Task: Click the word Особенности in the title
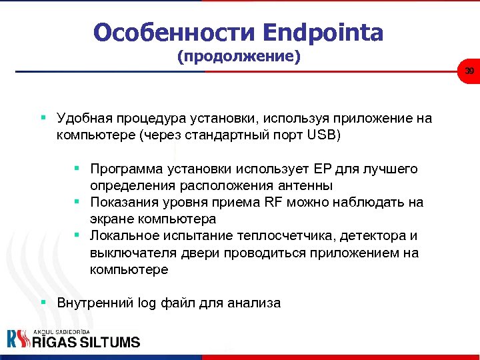(174, 31)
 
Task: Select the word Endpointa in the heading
(323, 31)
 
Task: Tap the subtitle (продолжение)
(239, 57)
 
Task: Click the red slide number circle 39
(469, 71)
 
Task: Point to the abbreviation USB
(325, 135)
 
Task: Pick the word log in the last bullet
(145, 303)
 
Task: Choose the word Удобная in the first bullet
(83, 119)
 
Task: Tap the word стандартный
(219, 135)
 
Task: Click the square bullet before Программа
(77, 168)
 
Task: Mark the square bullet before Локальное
(77, 235)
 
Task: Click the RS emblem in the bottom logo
(19, 339)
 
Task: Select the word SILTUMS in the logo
(109, 341)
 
